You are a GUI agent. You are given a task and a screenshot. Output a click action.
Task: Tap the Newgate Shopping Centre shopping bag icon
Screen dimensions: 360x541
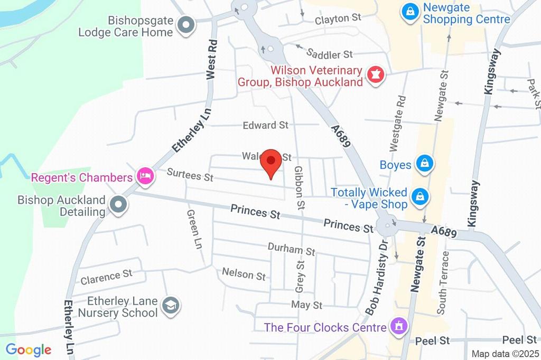[x=409, y=12]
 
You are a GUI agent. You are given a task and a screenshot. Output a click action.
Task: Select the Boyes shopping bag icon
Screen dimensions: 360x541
[x=424, y=164]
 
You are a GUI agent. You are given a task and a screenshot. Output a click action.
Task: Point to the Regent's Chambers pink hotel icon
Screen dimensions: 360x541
[x=144, y=176]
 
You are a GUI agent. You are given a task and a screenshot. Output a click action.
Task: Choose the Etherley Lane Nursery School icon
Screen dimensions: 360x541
[x=171, y=306]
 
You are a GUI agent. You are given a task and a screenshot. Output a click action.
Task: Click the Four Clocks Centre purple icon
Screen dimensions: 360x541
[x=398, y=326]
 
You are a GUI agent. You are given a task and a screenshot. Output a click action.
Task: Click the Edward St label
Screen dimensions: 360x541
[x=265, y=125]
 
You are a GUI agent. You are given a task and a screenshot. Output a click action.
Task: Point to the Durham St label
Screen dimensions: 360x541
[x=291, y=249]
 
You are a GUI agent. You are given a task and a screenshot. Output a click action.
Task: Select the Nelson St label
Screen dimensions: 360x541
[x=244, y=274]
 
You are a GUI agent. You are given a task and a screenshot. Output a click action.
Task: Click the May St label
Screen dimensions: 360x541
[x=306, y=305]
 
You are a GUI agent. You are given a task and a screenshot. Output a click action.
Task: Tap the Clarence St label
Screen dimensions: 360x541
[x=106, y=276]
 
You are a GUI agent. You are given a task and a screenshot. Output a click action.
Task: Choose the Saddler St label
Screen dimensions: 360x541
[x=330, y=53]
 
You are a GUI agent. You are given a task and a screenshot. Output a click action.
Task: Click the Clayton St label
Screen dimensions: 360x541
[x=338, y=18]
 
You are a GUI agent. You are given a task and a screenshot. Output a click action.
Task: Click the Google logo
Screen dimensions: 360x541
[x=29, y=349]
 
